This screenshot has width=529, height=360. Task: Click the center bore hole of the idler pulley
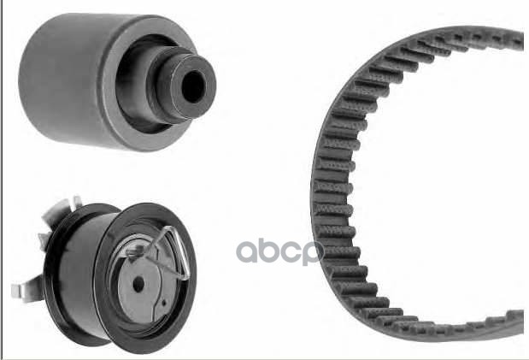click(193, 87)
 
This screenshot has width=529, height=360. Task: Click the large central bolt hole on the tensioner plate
click(138, 285)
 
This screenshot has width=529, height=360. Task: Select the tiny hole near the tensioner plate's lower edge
click(163, 303)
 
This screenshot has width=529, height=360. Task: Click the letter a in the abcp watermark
click(247, 251)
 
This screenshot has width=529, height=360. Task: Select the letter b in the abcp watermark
click(270, 248)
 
